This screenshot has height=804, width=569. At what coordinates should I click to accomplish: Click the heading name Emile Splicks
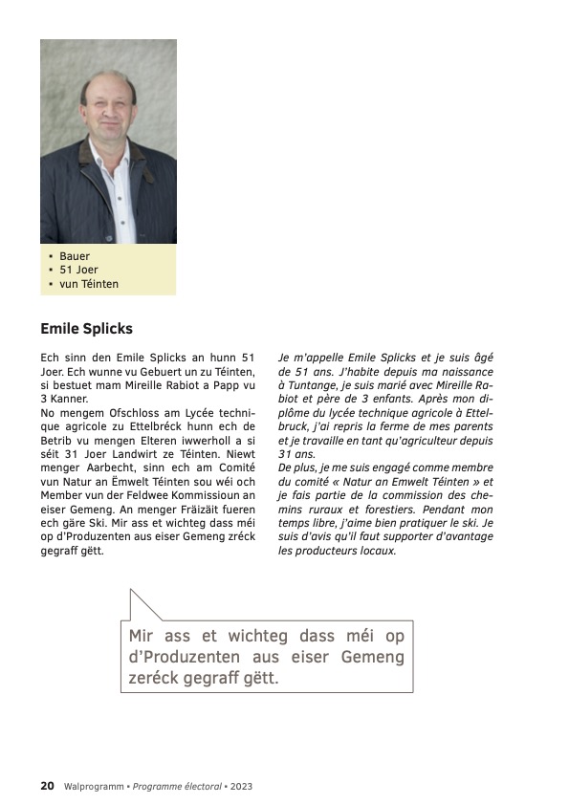coord(86,329)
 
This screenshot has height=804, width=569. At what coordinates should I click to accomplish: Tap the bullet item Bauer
coord(75,256)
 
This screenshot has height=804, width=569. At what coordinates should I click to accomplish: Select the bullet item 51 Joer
coord(79,270)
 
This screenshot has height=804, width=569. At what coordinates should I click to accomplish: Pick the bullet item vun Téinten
coord(89,284)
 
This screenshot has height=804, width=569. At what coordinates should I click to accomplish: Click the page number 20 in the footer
coord(47,786)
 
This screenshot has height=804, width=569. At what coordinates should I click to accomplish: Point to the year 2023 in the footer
coord(240,787)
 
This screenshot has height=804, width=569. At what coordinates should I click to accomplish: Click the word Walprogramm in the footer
coord(94,787)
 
